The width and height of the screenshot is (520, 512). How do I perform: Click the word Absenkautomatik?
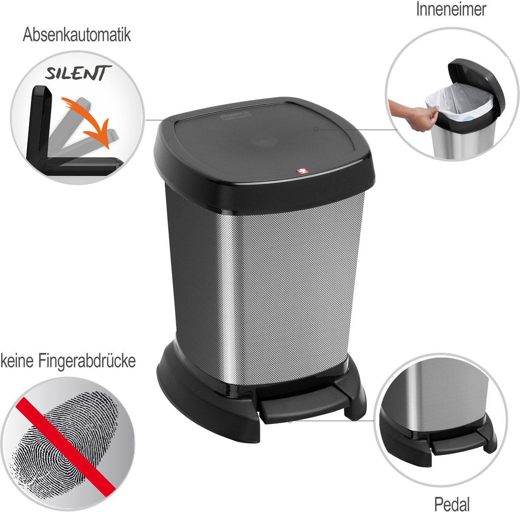pos(77,35)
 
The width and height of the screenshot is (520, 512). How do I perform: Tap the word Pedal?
pos(452,503)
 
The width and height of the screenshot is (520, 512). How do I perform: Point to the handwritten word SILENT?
pos(78,73)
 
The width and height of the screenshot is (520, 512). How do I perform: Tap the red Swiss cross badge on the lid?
pos(300,171)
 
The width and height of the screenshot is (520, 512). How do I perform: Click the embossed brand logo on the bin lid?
pos(236,117)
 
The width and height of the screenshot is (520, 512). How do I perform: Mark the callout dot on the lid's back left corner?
pos(172,119)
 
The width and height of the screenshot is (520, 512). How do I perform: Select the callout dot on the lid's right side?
pos(316,129)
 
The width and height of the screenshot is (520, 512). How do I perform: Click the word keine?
pos(17,361)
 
